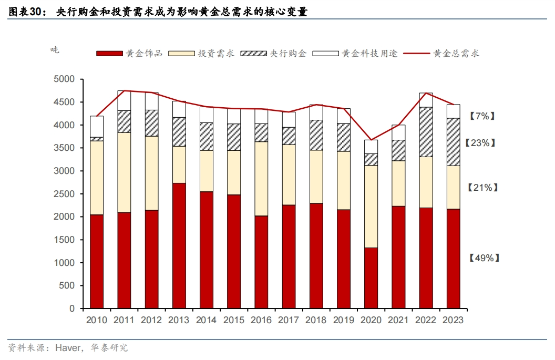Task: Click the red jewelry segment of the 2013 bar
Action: click(x=179, y=245)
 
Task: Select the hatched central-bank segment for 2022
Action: click(x=426, y=132)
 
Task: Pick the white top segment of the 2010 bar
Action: click(x=97, y=126)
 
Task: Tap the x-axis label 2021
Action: click(x=398, y=320)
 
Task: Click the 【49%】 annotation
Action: click(x=484, y=258)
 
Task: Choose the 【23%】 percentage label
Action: click(x=480, y=142)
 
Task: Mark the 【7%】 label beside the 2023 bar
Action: click(x=482, y=116)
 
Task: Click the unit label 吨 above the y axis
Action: click(x=55, y=50)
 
